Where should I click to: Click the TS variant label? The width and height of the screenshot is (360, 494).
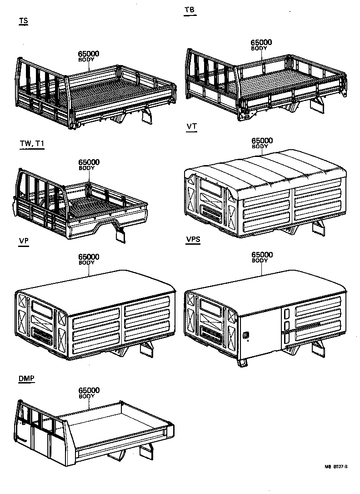23,21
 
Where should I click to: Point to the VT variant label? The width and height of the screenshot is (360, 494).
191,126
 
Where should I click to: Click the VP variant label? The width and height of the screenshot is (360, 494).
24,242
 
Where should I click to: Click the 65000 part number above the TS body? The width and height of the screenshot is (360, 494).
89,54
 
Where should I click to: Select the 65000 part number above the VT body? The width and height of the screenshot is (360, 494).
262,141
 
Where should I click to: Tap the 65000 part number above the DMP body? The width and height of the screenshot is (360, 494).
89,390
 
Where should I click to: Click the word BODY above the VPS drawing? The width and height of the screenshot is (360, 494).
260,261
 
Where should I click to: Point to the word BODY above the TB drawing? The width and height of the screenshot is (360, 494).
260,48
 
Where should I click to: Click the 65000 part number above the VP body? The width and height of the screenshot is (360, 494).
89,257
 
